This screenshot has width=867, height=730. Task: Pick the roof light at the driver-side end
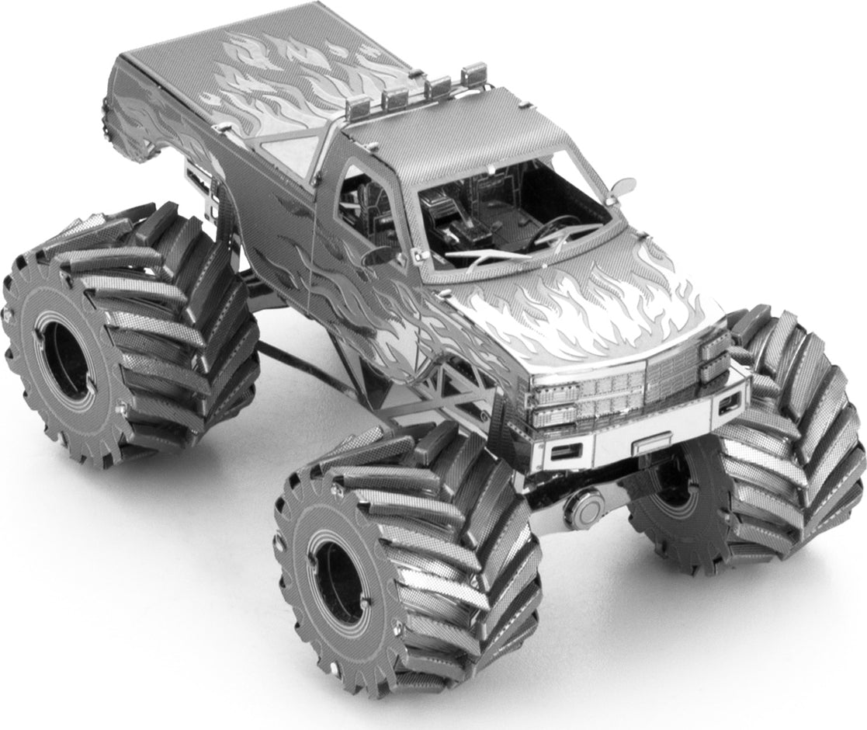[470, 76]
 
